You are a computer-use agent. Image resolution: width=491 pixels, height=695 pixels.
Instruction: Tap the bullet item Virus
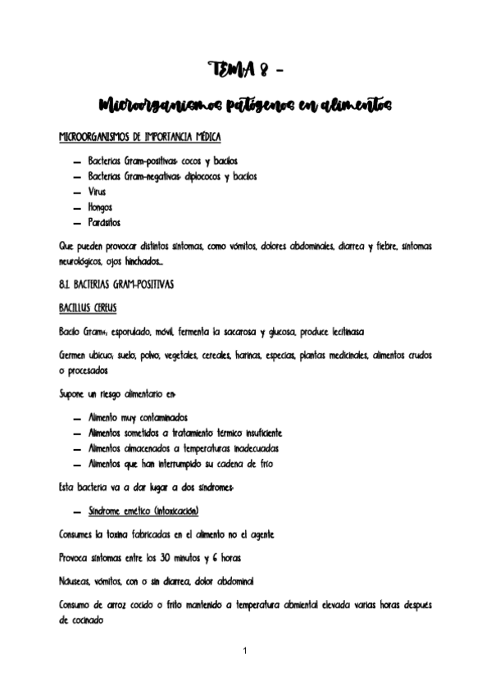coord(98,191)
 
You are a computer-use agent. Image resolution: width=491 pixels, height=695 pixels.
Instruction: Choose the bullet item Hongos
coord(100,207)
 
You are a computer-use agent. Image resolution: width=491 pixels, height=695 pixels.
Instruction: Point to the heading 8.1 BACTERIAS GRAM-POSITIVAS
coord(116,284)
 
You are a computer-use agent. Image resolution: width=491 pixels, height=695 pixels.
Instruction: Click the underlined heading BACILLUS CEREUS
coord(89,308)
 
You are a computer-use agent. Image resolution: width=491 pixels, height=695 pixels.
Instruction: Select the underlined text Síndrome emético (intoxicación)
coord(148,511)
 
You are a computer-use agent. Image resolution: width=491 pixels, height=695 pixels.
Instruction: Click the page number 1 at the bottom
coord(245,651)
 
